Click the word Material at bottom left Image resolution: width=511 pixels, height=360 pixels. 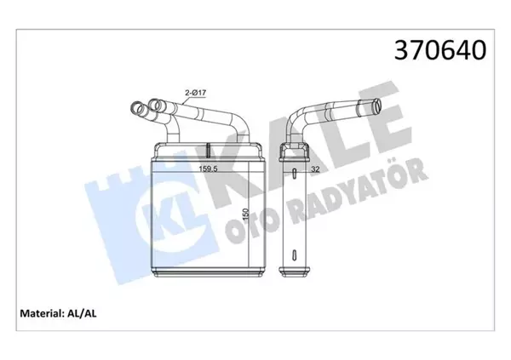pyautogui.click(x=40, y=311)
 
